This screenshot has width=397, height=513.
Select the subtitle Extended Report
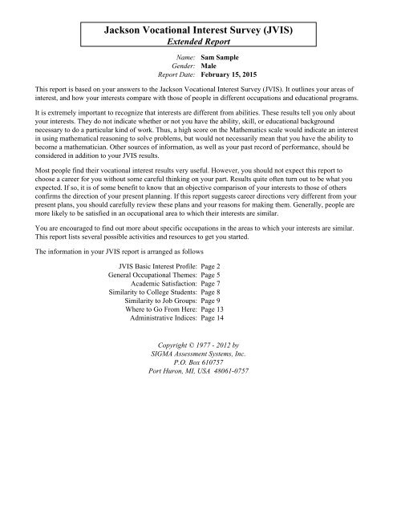click(198, 43)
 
